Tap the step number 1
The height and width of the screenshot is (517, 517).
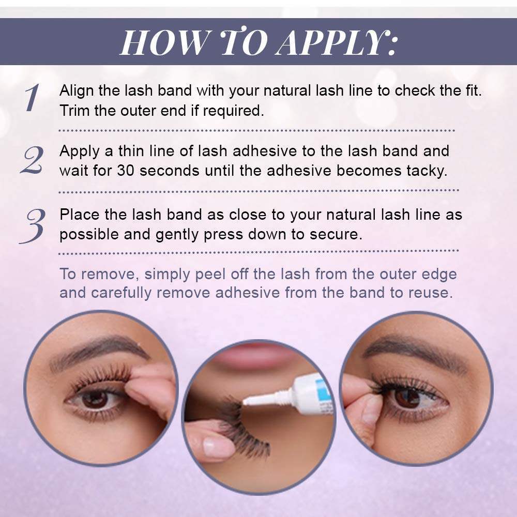click(32, 97)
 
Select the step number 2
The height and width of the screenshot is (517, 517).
click(32, 160)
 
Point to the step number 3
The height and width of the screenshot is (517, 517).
click(32, 226)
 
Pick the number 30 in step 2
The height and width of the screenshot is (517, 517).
click(126, 171)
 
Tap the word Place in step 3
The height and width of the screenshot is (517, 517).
click(80, 215)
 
